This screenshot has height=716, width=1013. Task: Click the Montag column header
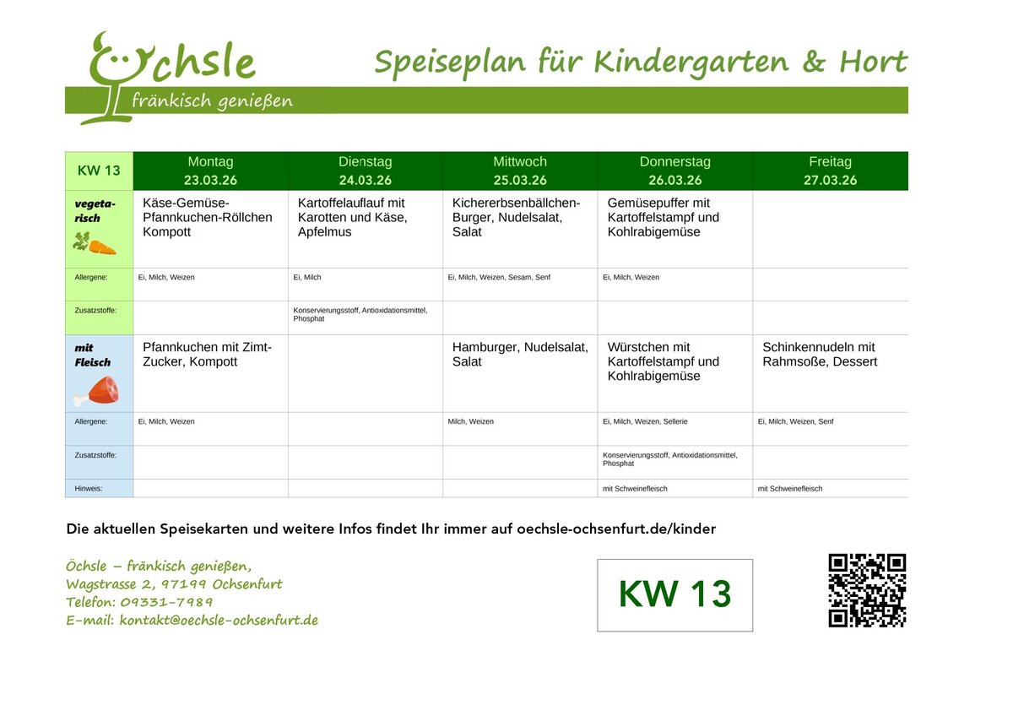pyautogui.click(x=210, y=161)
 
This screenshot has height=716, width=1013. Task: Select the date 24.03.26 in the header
pyautogui.click(x=365, y=180)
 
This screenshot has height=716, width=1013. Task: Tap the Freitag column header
pyautogui.click(x=830, y=161)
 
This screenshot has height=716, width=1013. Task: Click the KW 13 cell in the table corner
pyautogui.click(x=99, y=171)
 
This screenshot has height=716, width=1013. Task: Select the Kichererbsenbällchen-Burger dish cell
pyautogui.click(x=516, y=217)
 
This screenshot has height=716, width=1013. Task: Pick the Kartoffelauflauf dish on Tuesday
pyautogui.click(x=352, y=217)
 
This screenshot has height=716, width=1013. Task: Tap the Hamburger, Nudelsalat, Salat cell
pyautogui.click(x=520, y=354)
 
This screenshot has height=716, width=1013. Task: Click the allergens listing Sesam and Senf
pyautogui.click(x=498, y=277)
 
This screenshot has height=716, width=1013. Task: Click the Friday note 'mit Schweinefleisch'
pyautogui.click(x=789, y=489)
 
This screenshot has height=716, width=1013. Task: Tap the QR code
pyautogui.click(x=867, y=591)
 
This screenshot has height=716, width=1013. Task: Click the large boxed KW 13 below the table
pyautogui.click(x=674, y=594)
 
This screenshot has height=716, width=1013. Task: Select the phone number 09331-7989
pyautogui.click(x=166, y=602)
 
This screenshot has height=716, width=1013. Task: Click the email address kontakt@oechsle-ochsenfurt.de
pyautogui.click(x=218, y=621)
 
